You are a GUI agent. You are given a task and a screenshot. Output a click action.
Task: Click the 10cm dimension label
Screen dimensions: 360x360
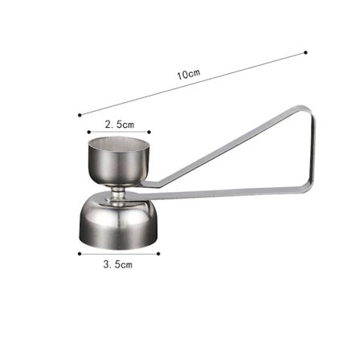[x=189, y=74]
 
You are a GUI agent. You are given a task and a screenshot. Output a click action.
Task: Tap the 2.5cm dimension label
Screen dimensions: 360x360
[x=119, y=125]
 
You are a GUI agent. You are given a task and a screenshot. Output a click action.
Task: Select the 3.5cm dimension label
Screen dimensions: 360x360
[x=118, y=264]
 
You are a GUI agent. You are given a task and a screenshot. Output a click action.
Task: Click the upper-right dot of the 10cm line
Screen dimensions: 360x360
[x=305, y=52]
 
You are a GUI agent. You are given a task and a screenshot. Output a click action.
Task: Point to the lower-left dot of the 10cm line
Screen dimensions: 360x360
[x=80, y=115]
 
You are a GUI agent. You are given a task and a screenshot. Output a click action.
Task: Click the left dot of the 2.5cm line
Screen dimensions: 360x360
[x=89, y=132]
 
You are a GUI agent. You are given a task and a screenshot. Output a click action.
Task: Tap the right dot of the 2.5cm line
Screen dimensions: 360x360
[x=149, y=132]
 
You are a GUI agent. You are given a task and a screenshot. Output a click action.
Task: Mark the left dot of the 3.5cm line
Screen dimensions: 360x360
[x=80, y=254]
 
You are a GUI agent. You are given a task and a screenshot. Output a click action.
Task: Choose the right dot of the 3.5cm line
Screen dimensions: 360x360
[x=158, y=254]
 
